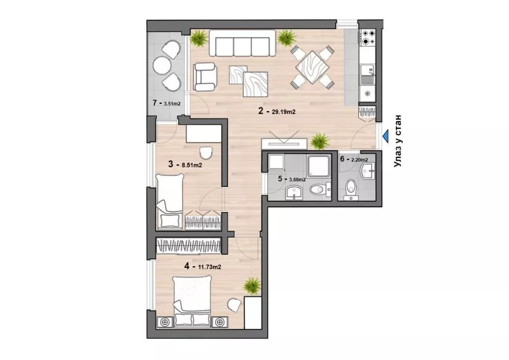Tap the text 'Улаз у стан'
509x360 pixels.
pos(398,141)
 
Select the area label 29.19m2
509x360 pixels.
pos(284,112)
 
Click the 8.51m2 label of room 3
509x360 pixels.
pos(191,165)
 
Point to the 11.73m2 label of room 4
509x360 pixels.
pos(210,267)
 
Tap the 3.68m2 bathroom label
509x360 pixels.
pos(297,180)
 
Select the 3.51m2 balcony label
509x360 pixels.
pos(172,104)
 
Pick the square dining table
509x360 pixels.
pos(313,67)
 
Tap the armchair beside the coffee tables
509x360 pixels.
pos(205,77)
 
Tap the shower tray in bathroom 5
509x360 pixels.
pos(319,166)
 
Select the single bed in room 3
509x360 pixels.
pos(169,201)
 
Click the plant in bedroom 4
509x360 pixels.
pos(252,286)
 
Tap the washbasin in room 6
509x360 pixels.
pos(367,171)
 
